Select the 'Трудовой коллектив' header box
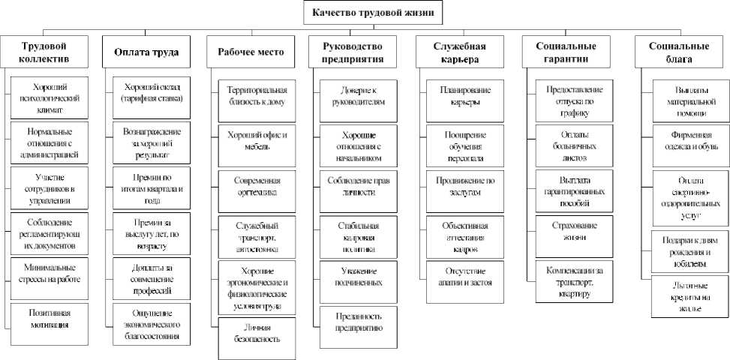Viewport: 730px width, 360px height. [x=47, y=50]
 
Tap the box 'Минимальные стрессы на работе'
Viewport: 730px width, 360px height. [x=52, y=274]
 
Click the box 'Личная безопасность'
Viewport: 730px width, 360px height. [x=251, y=333]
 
